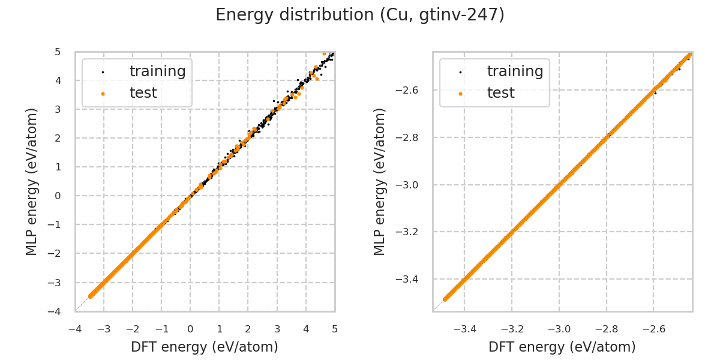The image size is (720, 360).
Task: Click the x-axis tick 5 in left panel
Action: [335, 329]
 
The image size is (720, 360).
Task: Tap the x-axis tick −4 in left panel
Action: [75, 329]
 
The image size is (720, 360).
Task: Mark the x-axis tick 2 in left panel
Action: [248, 329]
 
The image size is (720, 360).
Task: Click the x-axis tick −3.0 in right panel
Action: [559, 329]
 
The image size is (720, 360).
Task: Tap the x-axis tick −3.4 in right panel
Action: [464, 329]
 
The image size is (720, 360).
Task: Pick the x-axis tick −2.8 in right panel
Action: [606, 329]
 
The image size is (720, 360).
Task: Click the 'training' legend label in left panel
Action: [157, 71]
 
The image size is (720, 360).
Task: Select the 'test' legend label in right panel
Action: [500, 93]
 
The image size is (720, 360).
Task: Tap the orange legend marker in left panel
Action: [103, 94]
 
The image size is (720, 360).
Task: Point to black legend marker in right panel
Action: [460, 72]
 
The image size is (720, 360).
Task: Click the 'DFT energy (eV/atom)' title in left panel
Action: [205, 347]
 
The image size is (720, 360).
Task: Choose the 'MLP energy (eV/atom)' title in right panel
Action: [380, 182]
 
